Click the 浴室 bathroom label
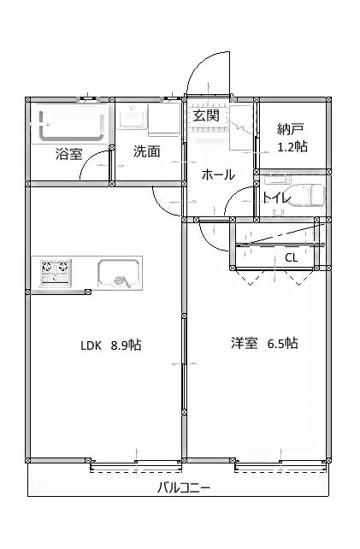click(69, 155)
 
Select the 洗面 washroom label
click(146, 152)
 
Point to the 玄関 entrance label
click(206, 115)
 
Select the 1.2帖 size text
click(292, 146)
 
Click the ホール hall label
click(218, 174)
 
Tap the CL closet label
click(291, 257)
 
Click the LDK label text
click(91, 345)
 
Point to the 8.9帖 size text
click(126, 345)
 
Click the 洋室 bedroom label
click(244, 344)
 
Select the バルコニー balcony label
click(184, 488)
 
